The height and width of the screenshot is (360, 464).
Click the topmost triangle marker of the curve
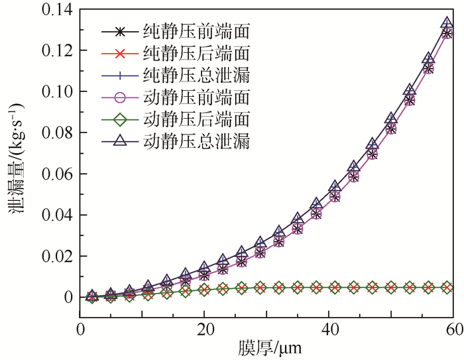pos(447,23)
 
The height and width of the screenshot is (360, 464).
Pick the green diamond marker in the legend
pos(120,119)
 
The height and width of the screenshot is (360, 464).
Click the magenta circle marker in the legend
pos(120,97)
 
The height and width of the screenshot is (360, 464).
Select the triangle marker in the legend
pos(120,141)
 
